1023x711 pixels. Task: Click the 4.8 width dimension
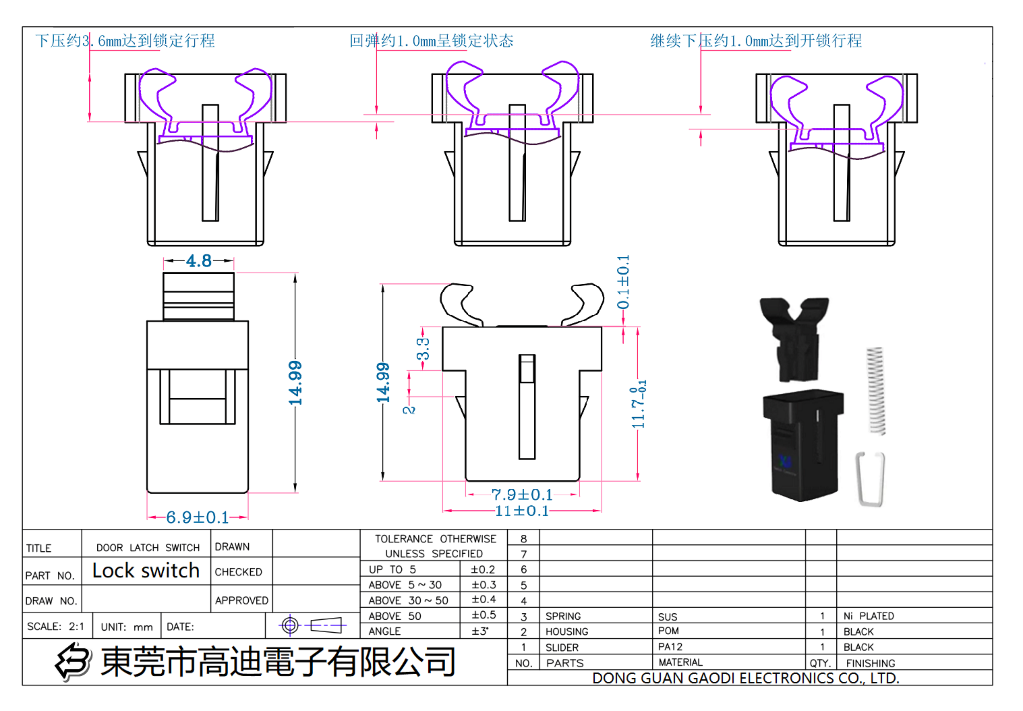(198, 261)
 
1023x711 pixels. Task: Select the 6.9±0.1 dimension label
(197, 517)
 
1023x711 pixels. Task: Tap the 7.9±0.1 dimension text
(522, 494)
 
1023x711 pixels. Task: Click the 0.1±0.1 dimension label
(623, 282)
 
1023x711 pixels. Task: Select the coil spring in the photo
(876, 391)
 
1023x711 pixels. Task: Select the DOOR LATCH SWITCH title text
(148, 548)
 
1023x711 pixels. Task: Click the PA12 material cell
(670, 647)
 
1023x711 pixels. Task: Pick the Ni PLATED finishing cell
(868, 616)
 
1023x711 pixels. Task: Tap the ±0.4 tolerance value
(483, 600)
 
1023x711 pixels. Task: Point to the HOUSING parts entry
(567, 632)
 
